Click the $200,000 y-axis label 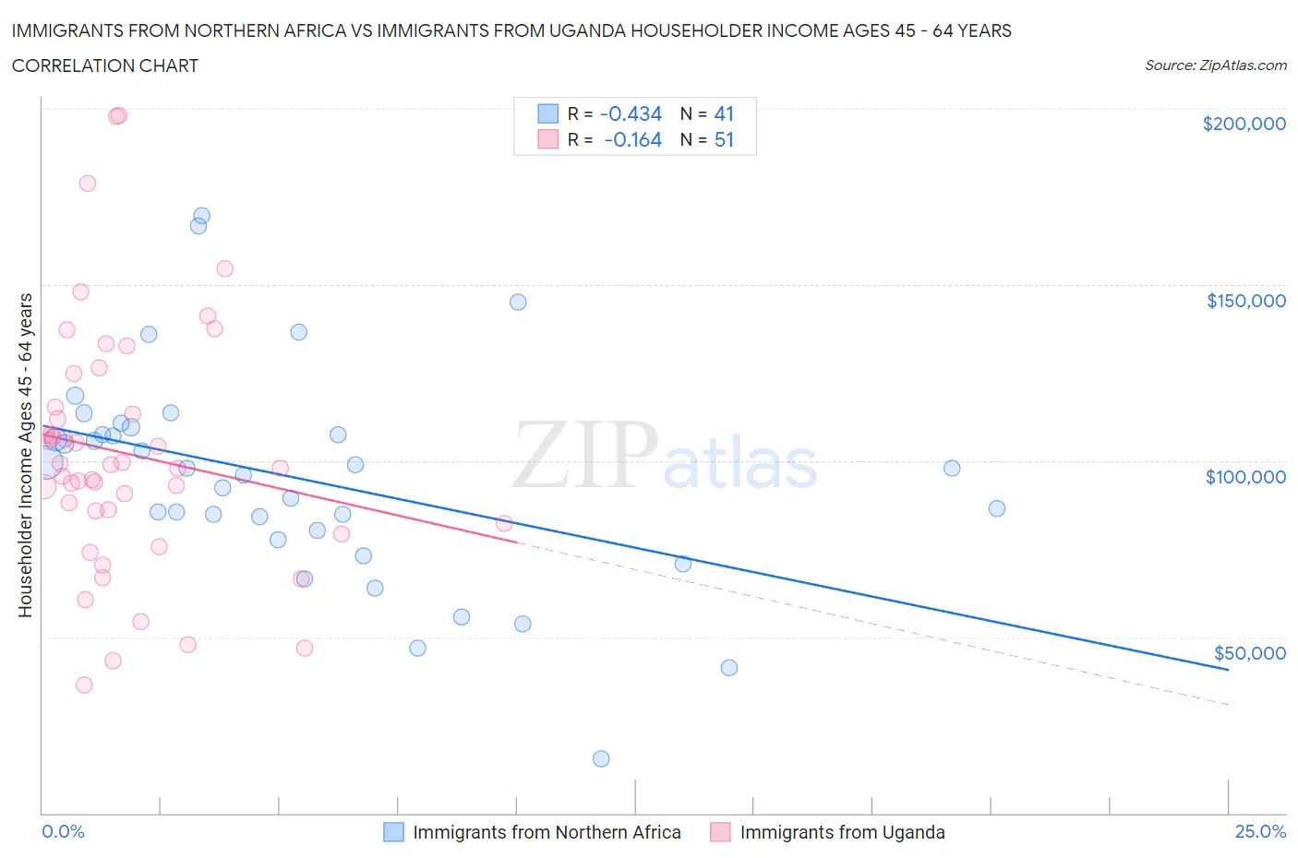(x=1244, y=124)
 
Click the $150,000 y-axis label (x=1245, y=301)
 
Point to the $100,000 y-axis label (x=1245, y=477)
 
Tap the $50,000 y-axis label (x=1249, y=653)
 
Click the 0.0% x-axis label (x=63, y=831)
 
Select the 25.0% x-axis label (x=1260, y=831)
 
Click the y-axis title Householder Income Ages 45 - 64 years (x=25, y=455)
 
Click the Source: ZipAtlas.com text (x=1215, y=66)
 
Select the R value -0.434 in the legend (x=631, y=113)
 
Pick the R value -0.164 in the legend (x=632, y=139)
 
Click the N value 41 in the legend (x=724, y=113)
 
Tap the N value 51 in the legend (x=724, y=139)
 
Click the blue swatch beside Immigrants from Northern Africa (x=394, y=832)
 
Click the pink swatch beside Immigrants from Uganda (x=720, y=832)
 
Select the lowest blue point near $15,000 (x=601, y=758)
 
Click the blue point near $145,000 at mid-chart (x=518, y=302)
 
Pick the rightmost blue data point (x=996, y=508)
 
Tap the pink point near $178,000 (x=88, y=183)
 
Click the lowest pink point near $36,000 (x=84, y=685)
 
